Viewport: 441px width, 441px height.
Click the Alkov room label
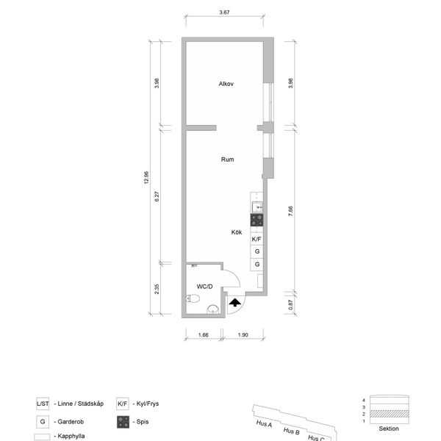226,84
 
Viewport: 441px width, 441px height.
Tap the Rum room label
227,159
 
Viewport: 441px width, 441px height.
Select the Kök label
237,232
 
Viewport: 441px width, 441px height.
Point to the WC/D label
204,287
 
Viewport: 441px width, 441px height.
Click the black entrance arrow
235,303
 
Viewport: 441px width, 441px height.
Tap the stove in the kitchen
257,220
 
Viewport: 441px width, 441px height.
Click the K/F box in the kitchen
257,239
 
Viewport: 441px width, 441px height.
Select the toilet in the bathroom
193,298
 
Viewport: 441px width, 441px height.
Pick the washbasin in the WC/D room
213,309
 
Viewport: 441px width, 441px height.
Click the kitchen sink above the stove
257,207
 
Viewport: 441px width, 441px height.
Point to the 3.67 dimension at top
224,12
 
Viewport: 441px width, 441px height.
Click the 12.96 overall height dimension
146,178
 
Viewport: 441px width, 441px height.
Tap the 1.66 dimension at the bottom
204,335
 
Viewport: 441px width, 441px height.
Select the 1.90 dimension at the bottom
243,335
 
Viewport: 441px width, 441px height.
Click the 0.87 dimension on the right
290,304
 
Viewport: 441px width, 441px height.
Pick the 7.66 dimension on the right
290,211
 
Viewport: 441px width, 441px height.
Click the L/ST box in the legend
43,404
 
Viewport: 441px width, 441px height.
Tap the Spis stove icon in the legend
123,422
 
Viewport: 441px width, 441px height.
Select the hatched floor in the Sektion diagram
390,414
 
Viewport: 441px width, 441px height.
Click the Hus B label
291,431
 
